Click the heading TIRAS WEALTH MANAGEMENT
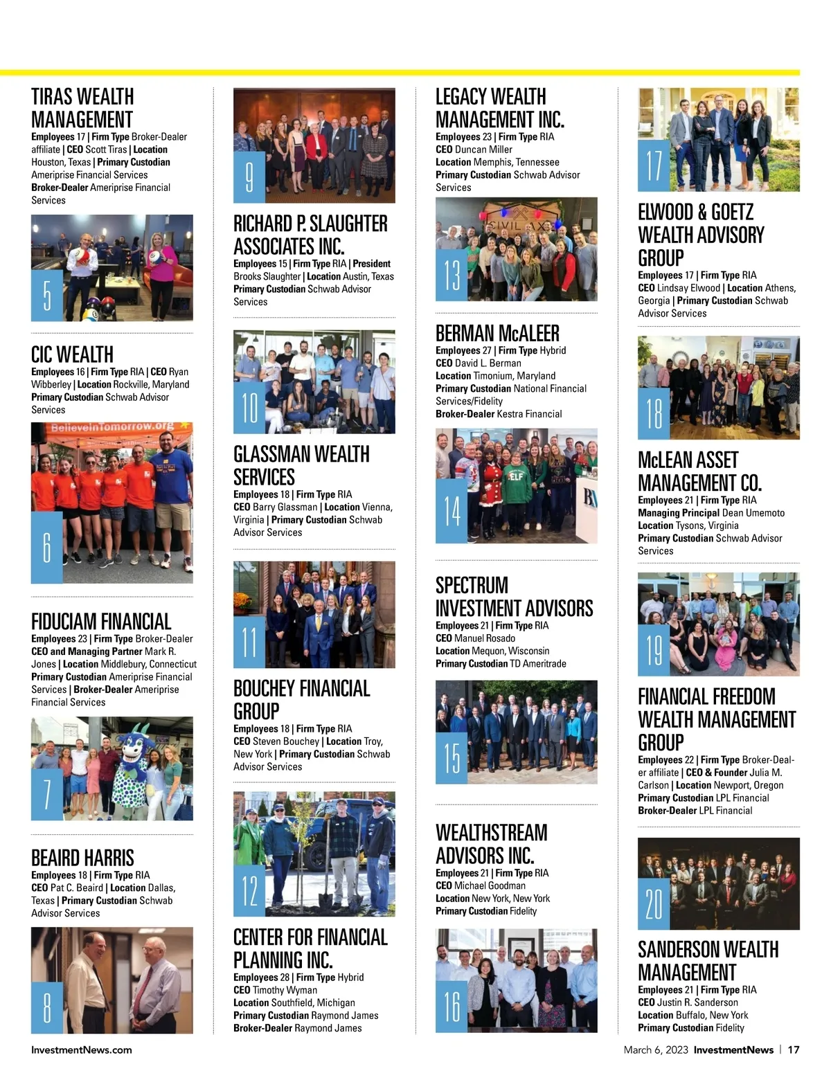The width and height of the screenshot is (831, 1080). (x=82, y=107)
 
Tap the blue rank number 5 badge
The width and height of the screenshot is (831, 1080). (x=47, y=295)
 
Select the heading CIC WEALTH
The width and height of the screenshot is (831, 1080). (x=72, y=354)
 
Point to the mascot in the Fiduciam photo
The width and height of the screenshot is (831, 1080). (x=136, y=765)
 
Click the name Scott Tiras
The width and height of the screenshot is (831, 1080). (x=106, y=150)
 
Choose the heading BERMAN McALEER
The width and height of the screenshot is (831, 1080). (x=497, y=333)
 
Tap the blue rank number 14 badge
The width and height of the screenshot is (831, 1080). (x=452, y=510)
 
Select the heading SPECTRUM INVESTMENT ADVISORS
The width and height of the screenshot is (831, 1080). (x=514, y=597)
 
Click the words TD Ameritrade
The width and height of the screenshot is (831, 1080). (x=538, y=663)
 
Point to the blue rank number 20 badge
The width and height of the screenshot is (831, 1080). (x=654, y=903)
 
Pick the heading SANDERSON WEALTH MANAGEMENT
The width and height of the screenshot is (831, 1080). (x=708, y=960)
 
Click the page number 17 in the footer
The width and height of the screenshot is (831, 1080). (x=794, y=1050)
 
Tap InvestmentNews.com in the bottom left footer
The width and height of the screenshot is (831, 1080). (x=82, y=1050)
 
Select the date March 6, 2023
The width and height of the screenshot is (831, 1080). (x=656, y=1050)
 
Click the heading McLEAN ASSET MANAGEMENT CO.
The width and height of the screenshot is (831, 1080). (x=699, y=471)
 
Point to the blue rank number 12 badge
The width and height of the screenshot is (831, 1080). (x=249, y=890)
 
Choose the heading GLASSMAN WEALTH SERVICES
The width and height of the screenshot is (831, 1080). (x=301, y=465)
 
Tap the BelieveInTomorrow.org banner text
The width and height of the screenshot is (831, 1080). (x=112, y=427)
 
